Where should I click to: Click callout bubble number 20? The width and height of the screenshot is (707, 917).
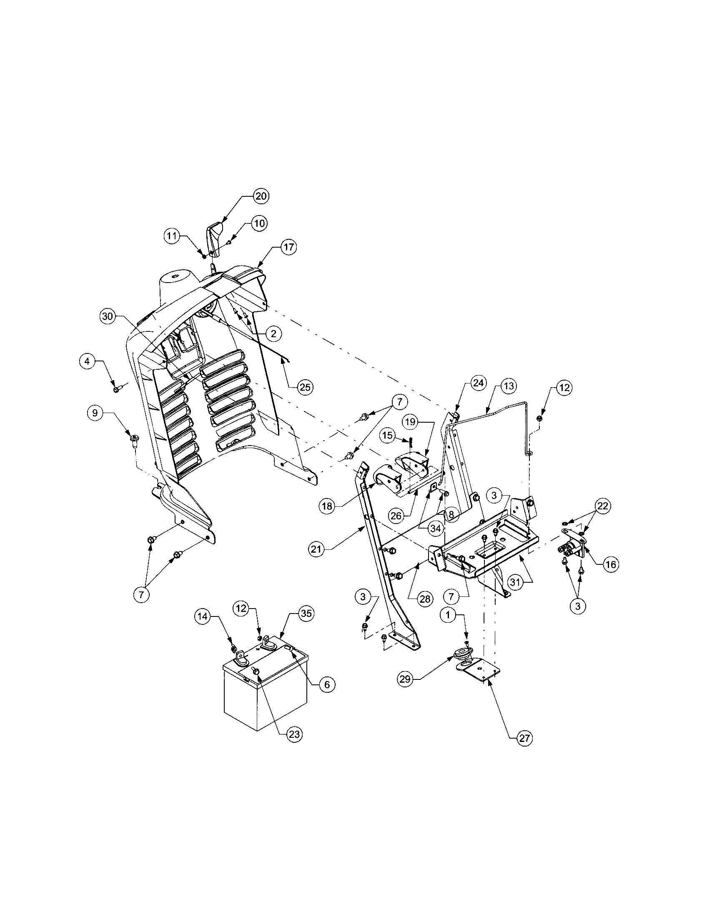coord(261,196)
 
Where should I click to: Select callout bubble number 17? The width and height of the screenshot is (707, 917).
coord(288,247)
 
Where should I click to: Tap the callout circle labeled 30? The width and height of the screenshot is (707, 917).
coord(108,316)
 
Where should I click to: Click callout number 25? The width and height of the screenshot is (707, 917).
coord(305,387)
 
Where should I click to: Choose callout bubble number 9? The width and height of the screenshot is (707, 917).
coord(95,413)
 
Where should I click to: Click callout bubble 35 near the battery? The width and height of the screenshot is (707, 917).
coord(306,614)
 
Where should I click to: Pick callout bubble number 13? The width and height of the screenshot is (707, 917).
coord(509,386)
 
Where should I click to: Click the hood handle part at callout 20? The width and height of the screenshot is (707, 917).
coord(215,241)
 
